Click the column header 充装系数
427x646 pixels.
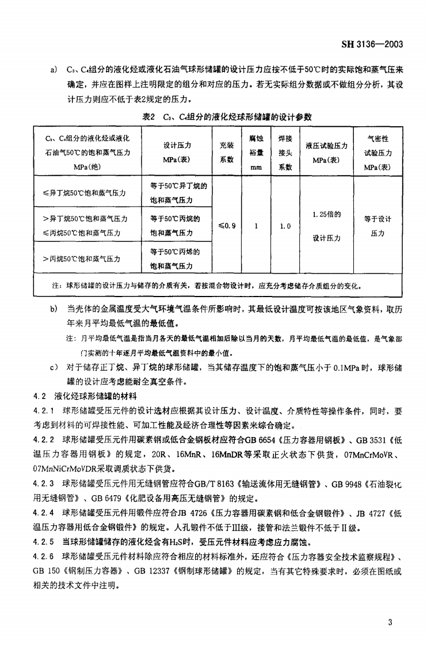click(x=227, y=152)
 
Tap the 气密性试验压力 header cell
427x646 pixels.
click(x=378, y=153)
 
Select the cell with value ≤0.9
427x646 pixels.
click(x=227, y=226)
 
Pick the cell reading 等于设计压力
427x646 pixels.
click(x=378, y=226)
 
